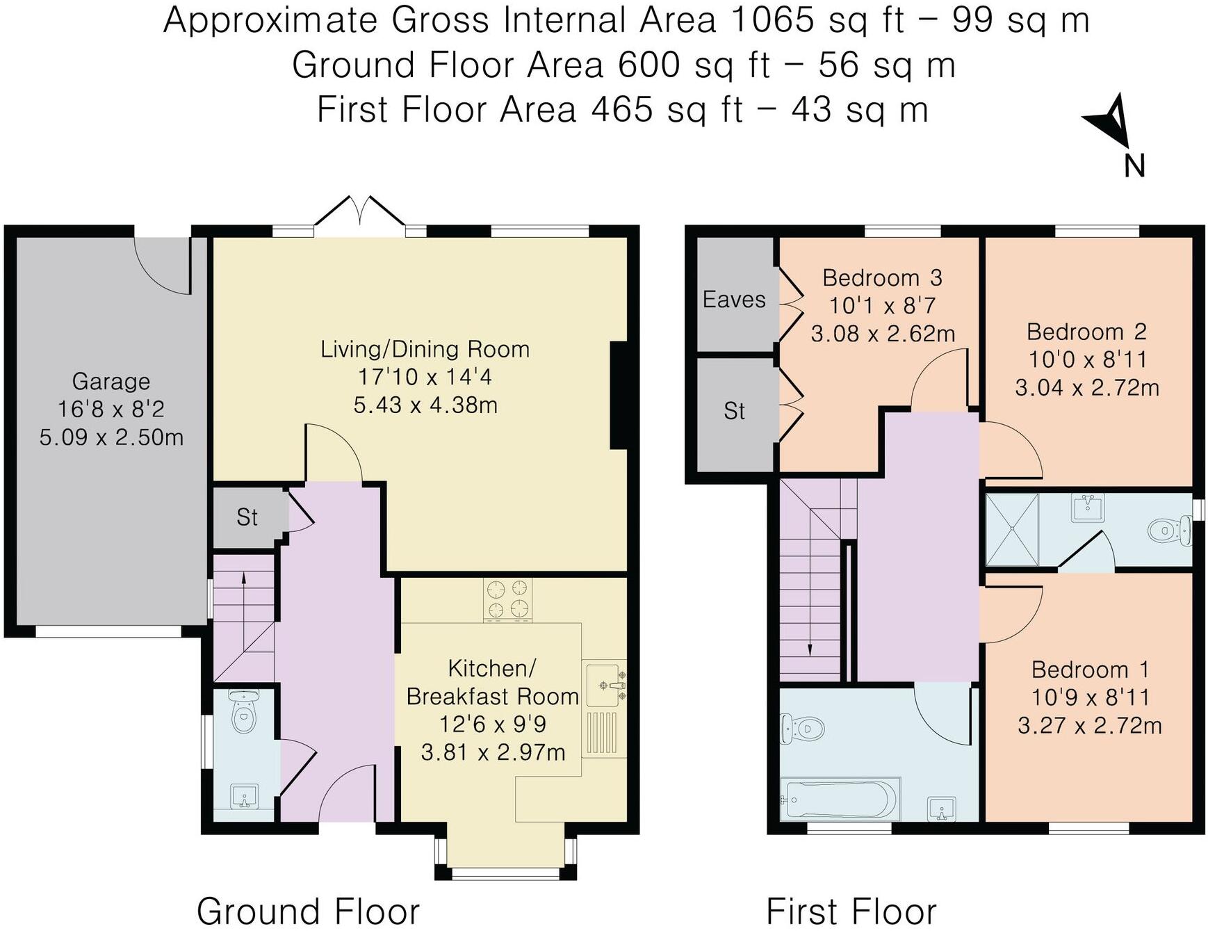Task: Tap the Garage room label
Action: tap(111, 382)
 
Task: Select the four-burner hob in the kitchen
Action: tap(508, 599)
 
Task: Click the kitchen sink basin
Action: tap(602, 685)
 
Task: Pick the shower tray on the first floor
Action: tap(1012, 530)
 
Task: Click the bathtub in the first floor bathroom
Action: tap(840, 800)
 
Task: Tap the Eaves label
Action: tap(734, 300)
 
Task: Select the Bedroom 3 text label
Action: tap(882, 278)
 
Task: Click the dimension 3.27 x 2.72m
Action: tap(1089, 726)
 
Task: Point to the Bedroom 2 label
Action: tap(1086, 332)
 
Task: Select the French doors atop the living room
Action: tap(360, 210)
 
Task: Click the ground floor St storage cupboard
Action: tap(247, 517)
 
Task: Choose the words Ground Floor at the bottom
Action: tap(308, 911)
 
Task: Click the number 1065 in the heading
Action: tap(773, 19)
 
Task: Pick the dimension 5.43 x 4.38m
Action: tap(425, 405)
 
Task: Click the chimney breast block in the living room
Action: tap(618, 395)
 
